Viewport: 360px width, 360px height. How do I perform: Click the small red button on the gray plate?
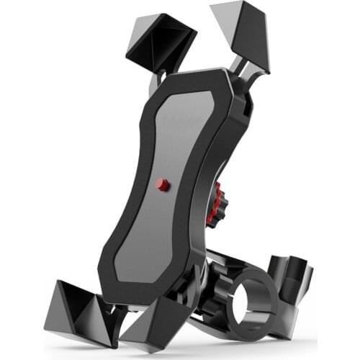163,185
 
